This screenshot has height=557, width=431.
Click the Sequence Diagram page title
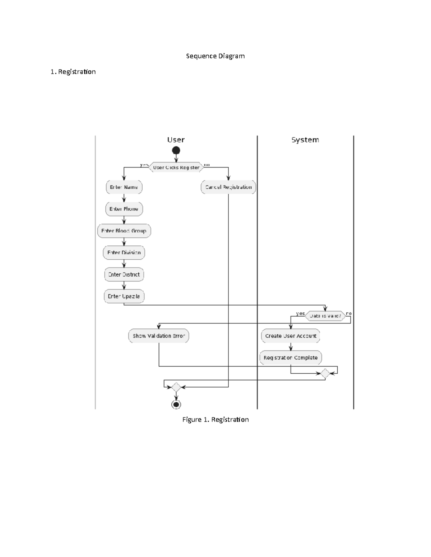tap(215, 56)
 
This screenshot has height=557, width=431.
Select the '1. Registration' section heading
tap(73, 72)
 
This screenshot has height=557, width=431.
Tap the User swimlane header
tap(176, 140)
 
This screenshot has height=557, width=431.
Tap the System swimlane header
tap(305, 140)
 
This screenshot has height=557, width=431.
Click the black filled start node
tap(176, 150)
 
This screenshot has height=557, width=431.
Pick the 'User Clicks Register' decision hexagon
tap(176, 167)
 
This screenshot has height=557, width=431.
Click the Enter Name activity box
tap(124, 187)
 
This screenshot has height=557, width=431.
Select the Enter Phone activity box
tap(124, 209)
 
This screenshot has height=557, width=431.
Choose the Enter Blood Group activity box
tap(124, 231)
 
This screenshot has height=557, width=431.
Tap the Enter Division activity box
tap(124, 253)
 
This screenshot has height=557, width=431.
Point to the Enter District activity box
tap(124, 275)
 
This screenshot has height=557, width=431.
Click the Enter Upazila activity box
tap(124, 297)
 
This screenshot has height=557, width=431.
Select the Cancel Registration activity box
tap(228, 187)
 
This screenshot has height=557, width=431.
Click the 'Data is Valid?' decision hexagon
tap(325, 316)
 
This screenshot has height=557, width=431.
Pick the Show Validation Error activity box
tap(158, 336)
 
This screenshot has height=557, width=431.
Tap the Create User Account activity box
tap(291, 336)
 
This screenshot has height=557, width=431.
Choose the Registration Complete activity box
tap(291, 358)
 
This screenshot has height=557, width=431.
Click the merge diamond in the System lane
tap(325, 373)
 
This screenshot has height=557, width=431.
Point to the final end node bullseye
tap(176, 405)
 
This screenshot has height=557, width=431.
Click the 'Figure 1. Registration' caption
tap(215, 420)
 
